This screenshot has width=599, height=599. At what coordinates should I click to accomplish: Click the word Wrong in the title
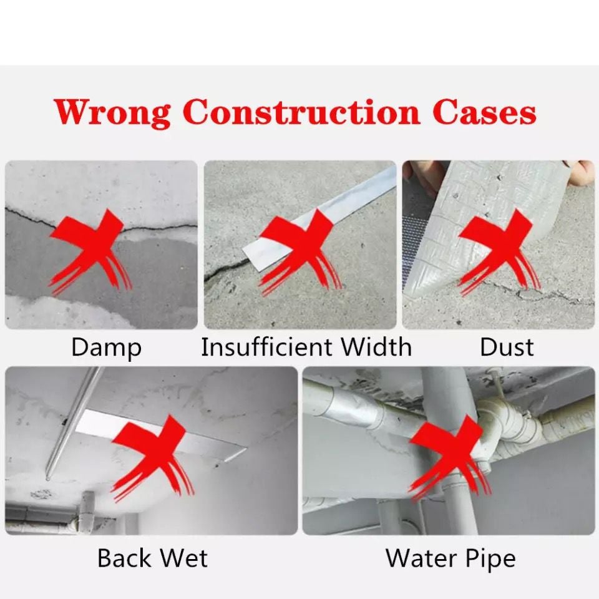113,113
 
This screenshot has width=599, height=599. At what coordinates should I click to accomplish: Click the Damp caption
106,348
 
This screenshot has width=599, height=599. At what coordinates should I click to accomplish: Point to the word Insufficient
266,347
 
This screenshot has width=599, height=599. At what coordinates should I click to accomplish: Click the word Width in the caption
376,347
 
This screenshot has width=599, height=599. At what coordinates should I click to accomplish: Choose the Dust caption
507,347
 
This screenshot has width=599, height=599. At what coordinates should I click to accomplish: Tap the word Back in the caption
124,558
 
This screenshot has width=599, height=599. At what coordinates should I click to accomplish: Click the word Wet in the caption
183,558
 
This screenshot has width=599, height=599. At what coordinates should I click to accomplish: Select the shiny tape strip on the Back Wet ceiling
160,436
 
